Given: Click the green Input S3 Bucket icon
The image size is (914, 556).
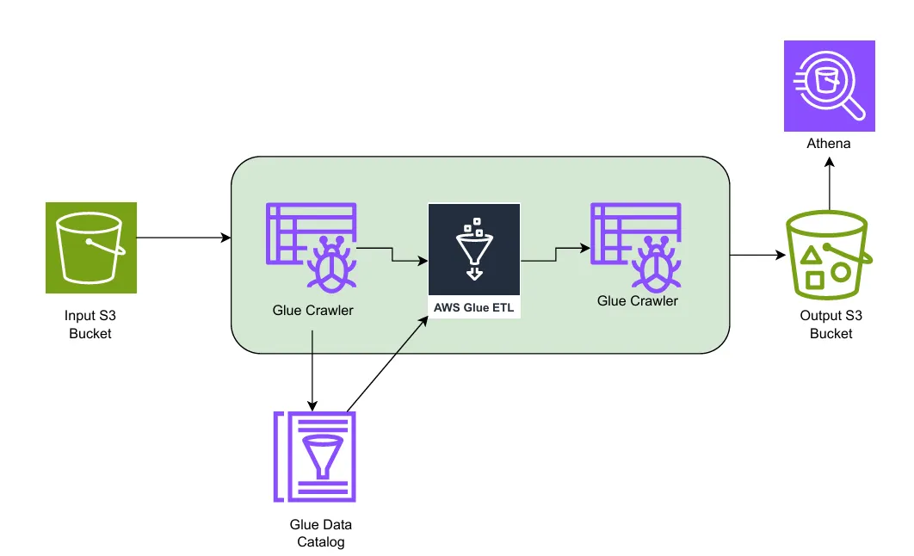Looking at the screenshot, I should point(91,248).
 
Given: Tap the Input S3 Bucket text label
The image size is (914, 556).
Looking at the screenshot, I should point(90,324).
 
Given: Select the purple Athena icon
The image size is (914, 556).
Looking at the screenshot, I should point(829,85).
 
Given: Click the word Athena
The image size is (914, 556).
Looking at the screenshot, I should point(829,144).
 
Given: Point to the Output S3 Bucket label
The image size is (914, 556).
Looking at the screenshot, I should point(831,324).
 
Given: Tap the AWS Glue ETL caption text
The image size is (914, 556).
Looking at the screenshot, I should point(474,306).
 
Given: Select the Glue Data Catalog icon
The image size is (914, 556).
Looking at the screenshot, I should point(315,456).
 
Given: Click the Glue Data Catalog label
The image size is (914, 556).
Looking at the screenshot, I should point(321,533).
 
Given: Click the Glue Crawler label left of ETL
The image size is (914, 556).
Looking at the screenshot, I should point(312,310).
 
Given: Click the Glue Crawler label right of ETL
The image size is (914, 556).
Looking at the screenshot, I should point(638,300).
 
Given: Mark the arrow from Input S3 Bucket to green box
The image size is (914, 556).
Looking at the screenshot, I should point(183,237).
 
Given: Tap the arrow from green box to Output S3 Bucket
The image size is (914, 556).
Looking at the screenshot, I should point(757,255).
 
